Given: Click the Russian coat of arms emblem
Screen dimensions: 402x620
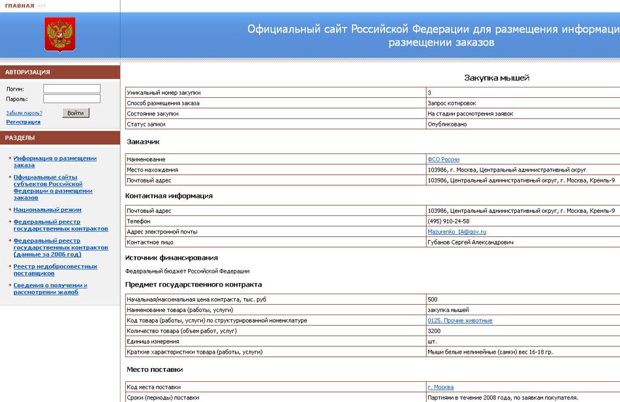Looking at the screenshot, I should click(60, 34).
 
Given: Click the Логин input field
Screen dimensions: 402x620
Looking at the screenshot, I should click(72, 89).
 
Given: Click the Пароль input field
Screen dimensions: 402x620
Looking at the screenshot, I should click(72, 99).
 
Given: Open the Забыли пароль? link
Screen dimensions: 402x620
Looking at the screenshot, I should click(24, 113).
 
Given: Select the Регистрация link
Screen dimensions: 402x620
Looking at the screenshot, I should click(23, 122).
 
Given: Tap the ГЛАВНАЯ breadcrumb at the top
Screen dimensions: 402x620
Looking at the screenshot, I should click(20, 6).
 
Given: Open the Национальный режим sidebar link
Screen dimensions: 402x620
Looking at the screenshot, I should click(48, 210).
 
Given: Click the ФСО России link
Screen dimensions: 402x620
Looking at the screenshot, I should click(443, 159).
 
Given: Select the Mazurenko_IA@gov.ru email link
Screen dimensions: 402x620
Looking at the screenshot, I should click(457, 232).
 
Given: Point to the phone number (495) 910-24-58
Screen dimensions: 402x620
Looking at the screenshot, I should click(448, 221).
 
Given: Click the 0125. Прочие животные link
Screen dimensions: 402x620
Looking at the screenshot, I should click(460, 320).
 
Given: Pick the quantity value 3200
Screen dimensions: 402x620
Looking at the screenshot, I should click(434, 331).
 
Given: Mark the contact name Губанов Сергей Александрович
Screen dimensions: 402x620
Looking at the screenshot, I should click(471, 242).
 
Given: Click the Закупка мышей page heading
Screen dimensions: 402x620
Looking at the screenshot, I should click(496, 78).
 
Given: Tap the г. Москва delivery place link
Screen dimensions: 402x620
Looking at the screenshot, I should click(441, 387).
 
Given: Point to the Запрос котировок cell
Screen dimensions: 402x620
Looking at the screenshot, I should click(452, 103).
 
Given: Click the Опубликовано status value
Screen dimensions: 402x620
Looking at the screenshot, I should click(447, 124).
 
